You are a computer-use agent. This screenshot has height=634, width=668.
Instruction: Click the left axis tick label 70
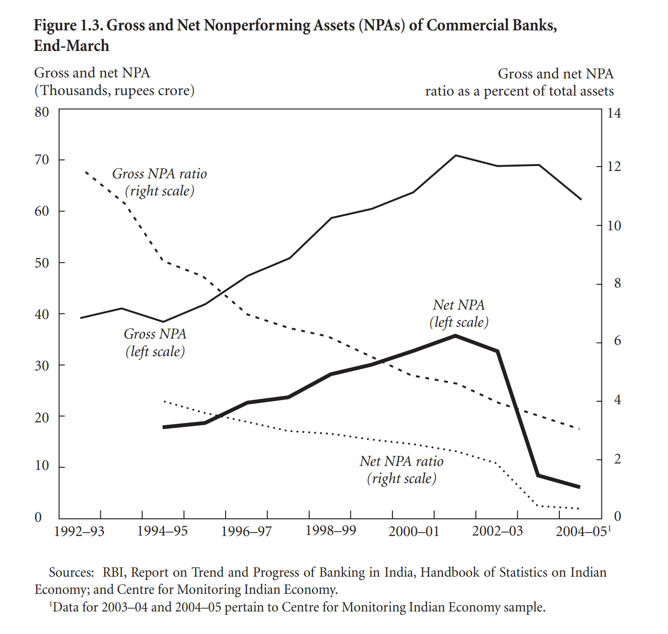(x=42, y=160)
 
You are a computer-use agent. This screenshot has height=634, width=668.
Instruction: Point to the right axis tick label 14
(x=614, y=113)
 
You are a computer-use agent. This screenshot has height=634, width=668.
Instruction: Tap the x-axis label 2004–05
(x=581, y=531)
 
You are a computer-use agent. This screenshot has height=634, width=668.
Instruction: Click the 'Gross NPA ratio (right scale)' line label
(x=160, y=182)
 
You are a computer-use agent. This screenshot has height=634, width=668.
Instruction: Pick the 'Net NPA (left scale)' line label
(x=459, y=314)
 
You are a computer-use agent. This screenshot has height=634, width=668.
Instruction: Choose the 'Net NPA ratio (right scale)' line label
(x=401, y=470)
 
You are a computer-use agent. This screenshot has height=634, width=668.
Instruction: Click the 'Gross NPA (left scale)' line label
(x=155, y=342)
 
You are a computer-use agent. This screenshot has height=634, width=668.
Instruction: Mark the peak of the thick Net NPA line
(x=455, y=336)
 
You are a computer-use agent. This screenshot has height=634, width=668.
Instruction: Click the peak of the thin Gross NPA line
(x=456, y=155)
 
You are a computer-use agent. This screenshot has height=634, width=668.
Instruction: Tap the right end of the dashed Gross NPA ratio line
(x=580, y=429)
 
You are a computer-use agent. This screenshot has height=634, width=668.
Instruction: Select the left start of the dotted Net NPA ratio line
(x=164, y=401)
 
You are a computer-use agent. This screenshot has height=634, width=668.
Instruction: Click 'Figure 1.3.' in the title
(x=69, y=25)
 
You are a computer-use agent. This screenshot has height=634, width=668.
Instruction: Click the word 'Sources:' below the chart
(x=71, y=572)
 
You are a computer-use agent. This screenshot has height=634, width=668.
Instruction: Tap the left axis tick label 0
(x=38, y=517)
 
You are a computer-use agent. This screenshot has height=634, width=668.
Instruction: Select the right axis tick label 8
(x=618, y=283)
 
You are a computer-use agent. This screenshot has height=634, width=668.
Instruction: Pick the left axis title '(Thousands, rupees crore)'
(x=115, y=91)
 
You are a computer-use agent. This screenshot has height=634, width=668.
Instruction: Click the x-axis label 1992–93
(x=79, y=531)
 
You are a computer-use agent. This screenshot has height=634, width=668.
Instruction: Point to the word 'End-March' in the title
(x=71, y=46)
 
